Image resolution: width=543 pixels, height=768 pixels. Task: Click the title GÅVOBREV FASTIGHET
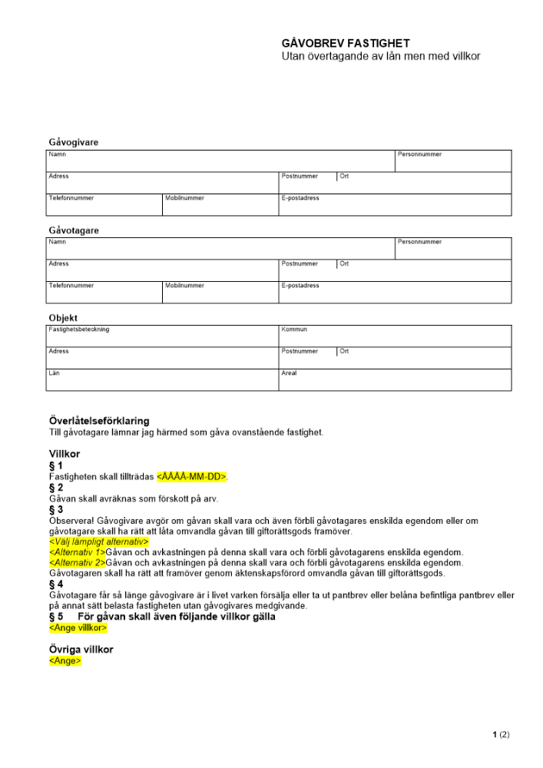click(x=346, y=44)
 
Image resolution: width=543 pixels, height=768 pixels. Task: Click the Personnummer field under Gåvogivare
click(x=453, y=161)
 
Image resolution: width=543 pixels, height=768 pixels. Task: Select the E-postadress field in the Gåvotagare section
click(x=395, y=293)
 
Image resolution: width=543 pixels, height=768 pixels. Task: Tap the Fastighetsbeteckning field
click(x=162, y=336)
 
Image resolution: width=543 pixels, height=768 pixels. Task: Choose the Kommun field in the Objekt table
click(x=395, y=336)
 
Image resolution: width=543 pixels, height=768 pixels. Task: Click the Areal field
click(x=395, y=380)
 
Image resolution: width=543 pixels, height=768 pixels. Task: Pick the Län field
click(x=162, y=380)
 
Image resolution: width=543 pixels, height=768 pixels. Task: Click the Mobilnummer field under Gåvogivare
click(x=220, y=205)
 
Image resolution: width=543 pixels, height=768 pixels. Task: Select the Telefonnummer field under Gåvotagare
click(x=104, y=293)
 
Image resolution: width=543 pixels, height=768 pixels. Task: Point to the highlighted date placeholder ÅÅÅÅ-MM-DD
click(x=192, y=476)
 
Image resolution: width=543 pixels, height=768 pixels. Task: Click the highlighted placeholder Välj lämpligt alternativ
click(x=98, y=542)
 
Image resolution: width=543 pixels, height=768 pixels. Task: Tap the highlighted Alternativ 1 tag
click(x=77, y=553)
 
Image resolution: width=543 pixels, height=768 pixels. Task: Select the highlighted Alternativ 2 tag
click(x=77, y=563)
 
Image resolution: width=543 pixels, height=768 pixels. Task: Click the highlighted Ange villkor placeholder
click(x=78, y=627)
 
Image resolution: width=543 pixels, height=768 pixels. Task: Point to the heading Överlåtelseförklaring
click(x=99, y=421)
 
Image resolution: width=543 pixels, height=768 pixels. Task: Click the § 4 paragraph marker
click(x=56, y=584)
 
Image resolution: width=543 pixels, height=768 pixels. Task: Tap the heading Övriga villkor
click(x=81, y=650)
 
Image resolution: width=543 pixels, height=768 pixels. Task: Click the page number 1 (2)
click(x=501, y=735)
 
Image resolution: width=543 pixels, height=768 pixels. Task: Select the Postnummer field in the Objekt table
click(x=307, y=358)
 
